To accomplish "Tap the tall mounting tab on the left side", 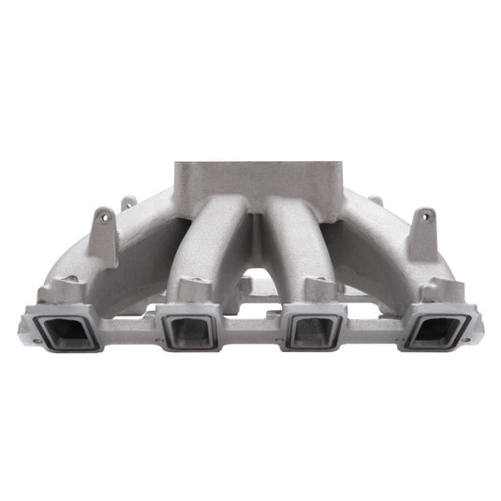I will (104, 234).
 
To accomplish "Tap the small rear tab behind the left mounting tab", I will (126, 201).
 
